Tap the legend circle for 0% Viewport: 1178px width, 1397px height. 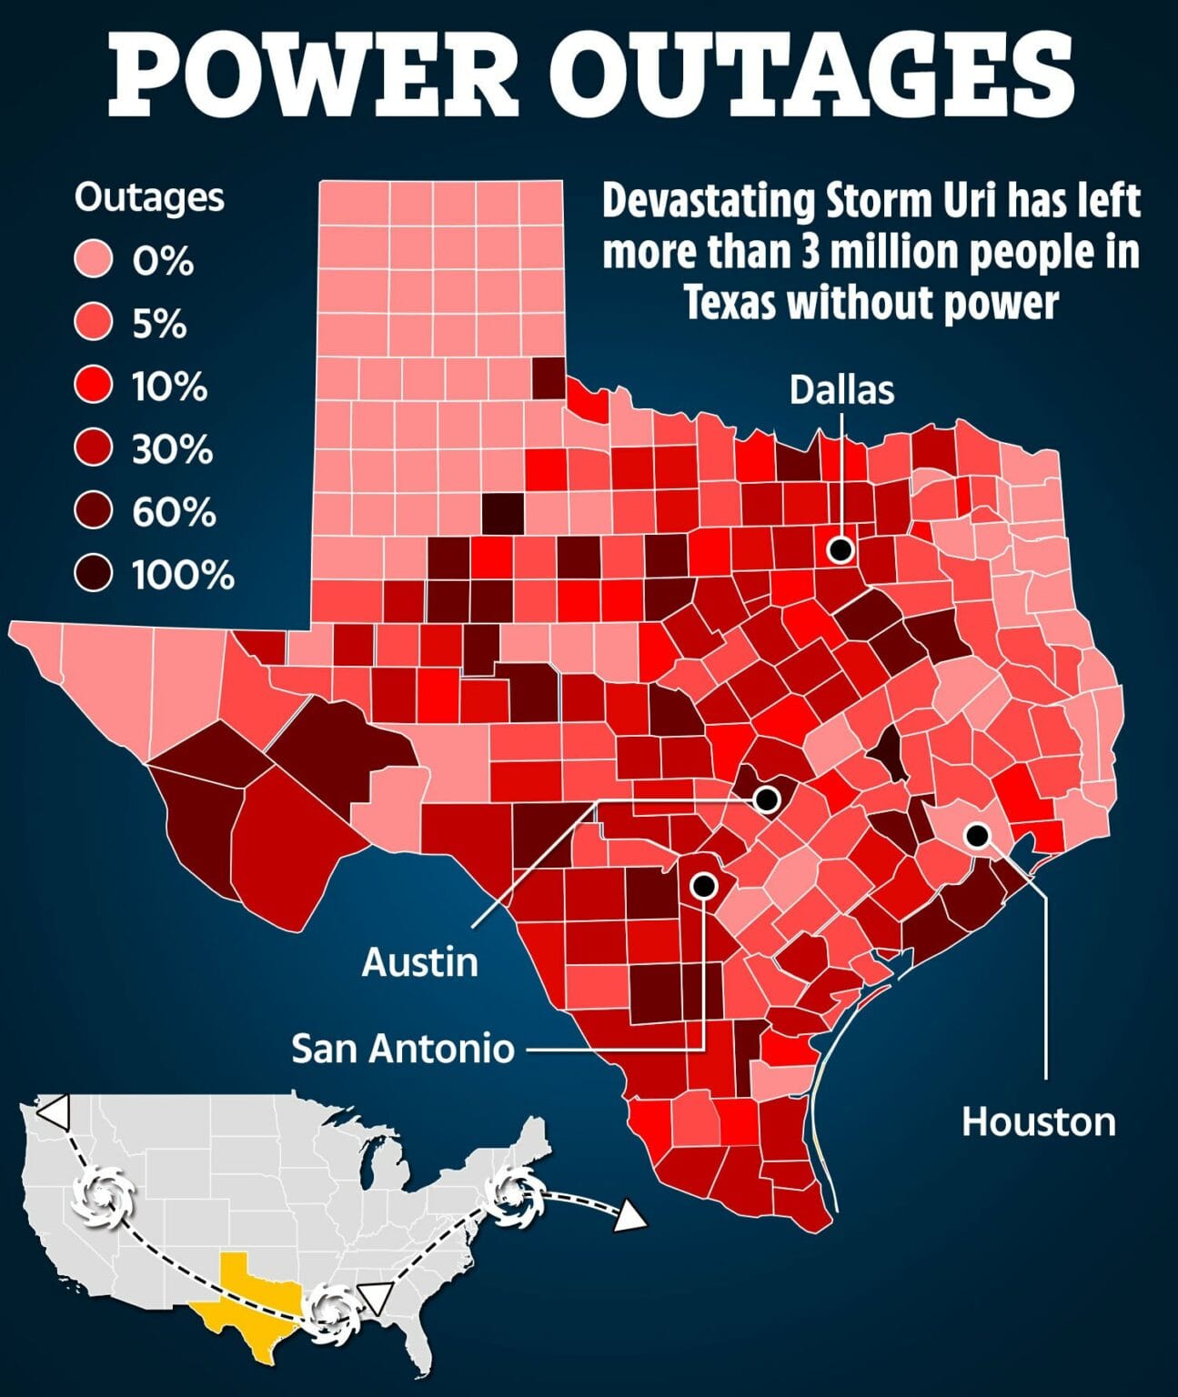click(94, 261)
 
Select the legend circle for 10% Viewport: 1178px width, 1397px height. click(94, 387)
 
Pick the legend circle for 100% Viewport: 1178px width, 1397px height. click(94, 575)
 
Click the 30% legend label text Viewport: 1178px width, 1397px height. click(172, 449)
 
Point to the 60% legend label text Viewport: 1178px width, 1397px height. click(174, 512)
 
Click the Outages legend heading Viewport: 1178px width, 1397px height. click(149, 197)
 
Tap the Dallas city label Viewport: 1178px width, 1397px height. click(841, 389)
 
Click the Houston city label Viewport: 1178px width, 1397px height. click(1039, 1121)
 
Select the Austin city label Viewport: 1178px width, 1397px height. click(419, 961)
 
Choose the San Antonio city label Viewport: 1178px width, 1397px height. click(403, 1049)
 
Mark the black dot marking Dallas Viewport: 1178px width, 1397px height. click(841, 548)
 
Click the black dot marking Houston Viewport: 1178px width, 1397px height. click(977, 834)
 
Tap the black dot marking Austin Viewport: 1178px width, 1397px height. click(767, 799)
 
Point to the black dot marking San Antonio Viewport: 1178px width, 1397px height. click(703, 884)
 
